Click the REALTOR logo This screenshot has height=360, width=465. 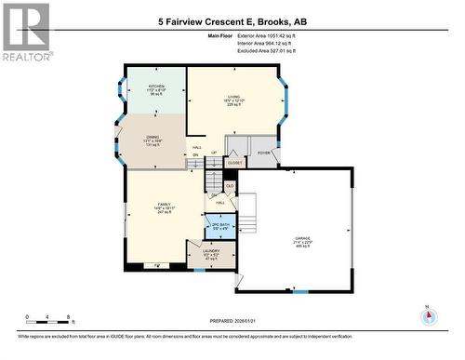point(25,32)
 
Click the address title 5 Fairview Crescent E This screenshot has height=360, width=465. point(232,18)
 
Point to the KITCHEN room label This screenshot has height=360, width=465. point(155,86)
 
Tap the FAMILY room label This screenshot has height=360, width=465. point(163,206)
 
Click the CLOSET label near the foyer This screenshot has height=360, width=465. point(235,162)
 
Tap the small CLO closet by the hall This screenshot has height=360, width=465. point(229,186)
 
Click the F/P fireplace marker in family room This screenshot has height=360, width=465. point(169,265)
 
